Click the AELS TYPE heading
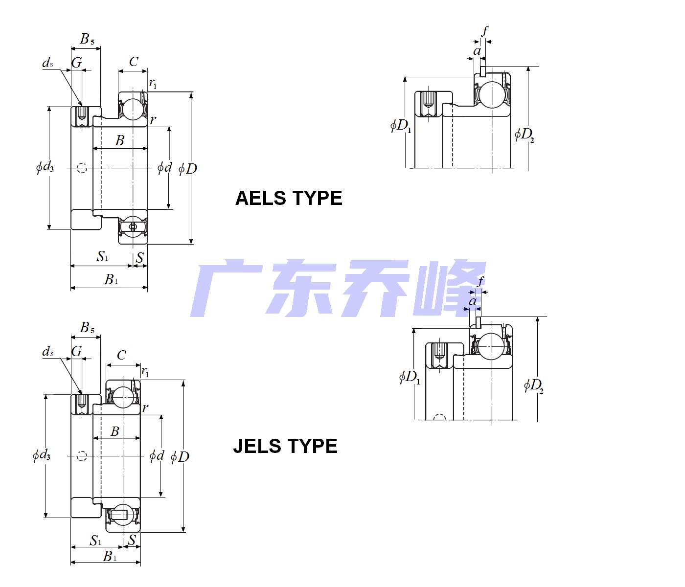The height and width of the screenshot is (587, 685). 289,198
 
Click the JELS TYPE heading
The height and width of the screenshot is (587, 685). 285,446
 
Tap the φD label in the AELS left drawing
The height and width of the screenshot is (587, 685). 188,169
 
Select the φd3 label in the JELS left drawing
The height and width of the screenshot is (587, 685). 42,455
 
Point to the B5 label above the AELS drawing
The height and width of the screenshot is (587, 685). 87,39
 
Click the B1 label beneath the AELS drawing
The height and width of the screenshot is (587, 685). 111,279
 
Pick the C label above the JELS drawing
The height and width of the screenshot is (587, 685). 121,355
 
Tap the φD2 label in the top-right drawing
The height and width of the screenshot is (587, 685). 525,134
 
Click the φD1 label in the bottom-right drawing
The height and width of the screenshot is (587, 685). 410,377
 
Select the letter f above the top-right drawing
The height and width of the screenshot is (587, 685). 484,31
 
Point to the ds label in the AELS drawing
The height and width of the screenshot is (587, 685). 47,63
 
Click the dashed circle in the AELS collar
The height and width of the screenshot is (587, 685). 82,168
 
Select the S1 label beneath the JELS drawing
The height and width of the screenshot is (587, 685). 96,541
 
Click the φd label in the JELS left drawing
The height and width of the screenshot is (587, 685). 157,456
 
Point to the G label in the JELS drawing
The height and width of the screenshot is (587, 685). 77,351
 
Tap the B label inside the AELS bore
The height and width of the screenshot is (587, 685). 120,141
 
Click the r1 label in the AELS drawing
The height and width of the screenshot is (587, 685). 153,84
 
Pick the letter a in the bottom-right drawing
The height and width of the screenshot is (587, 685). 473,301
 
